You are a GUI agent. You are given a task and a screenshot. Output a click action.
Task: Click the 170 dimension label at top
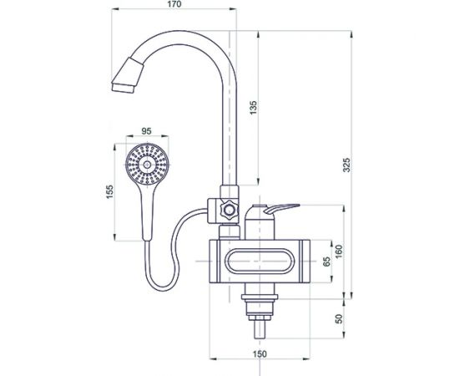pos(174,4)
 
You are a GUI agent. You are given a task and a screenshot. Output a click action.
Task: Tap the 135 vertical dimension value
pos(254,108)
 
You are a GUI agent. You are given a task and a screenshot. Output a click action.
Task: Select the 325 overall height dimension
pos(346,165)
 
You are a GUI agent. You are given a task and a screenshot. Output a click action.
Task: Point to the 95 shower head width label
pos(146,131)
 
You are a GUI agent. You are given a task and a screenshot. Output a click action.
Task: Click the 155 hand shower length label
pos(109,192)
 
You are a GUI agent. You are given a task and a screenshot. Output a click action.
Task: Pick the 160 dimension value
pos(339,252)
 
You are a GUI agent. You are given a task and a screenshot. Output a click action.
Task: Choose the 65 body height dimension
pos(326,262)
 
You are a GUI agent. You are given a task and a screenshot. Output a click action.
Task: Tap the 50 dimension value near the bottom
pos(339,318)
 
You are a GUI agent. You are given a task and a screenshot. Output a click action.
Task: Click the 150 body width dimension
pos(260,354)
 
